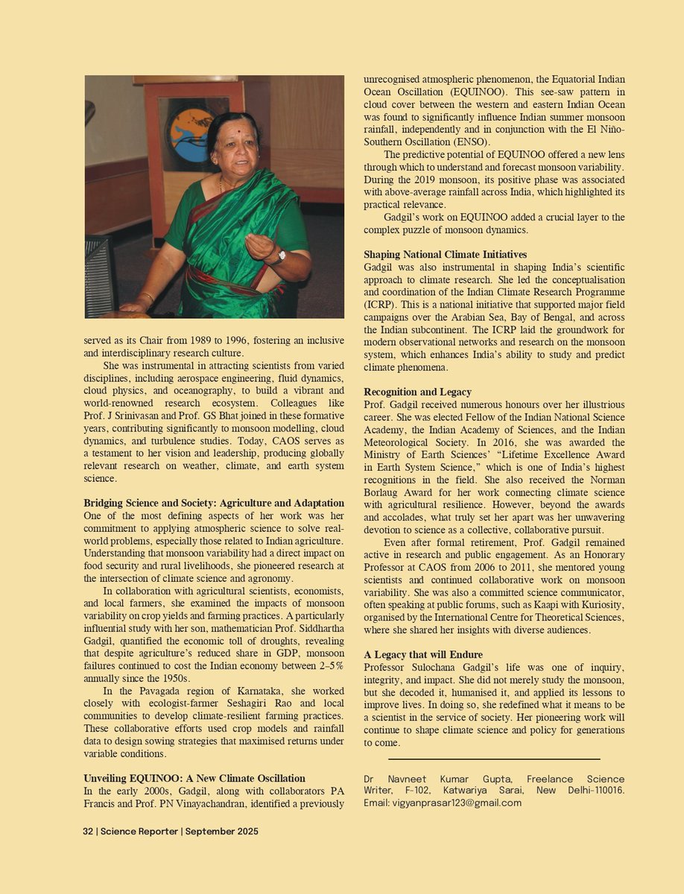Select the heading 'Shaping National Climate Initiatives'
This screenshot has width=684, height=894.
tap(445, 254)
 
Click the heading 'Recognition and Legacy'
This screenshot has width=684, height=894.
tap(417, 392)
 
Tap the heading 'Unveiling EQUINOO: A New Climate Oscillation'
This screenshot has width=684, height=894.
tap(194, 779)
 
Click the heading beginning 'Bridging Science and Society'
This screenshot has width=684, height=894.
tap(214, 504)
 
